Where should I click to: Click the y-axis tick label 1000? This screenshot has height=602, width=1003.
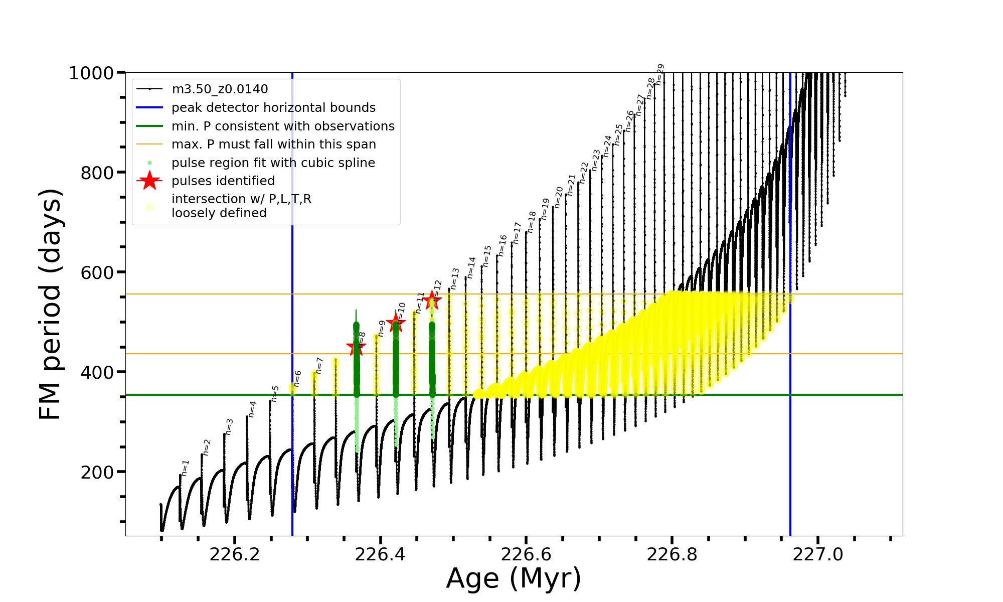pos(91,73)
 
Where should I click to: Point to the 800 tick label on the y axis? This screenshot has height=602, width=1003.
pos(97,173)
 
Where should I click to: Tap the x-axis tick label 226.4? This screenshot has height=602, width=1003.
pos(380,554)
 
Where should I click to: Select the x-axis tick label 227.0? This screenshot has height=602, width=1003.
pos(818,554)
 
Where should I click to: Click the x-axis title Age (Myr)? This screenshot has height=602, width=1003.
pos(514,578)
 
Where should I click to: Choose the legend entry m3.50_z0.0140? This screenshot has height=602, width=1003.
pos(220,89)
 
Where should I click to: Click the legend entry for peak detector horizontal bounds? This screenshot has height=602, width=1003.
pos(273,108)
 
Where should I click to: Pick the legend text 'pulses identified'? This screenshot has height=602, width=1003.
pos(223,181)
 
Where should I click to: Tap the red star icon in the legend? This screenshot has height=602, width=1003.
pos(149,181)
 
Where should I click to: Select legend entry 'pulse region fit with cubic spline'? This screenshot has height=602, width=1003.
pos(273,163)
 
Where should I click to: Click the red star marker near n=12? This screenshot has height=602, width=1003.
pos(432,301)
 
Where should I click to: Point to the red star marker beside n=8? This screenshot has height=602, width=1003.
pos(356,346)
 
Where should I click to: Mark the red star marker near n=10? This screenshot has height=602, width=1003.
pos(396,323)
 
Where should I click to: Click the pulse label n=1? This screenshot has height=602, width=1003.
pos(186,468)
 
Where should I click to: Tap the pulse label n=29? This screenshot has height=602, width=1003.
pos(660,74)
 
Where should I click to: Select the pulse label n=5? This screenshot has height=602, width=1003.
pos(274,394)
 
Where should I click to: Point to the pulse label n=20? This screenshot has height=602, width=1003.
pos(559,197)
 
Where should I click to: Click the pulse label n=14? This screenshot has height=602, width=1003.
pos(471,267)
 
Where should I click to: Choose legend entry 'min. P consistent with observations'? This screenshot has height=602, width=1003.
pos(283,126)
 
